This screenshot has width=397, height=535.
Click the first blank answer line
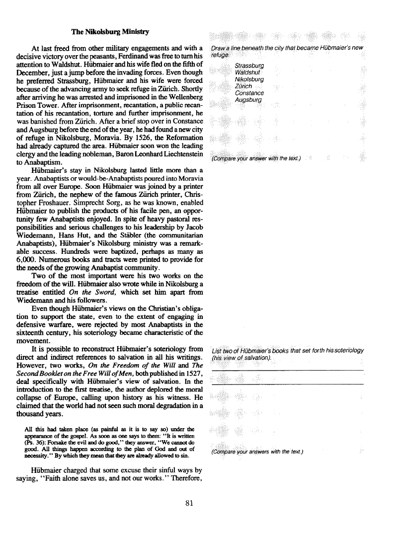click(287, 370)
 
